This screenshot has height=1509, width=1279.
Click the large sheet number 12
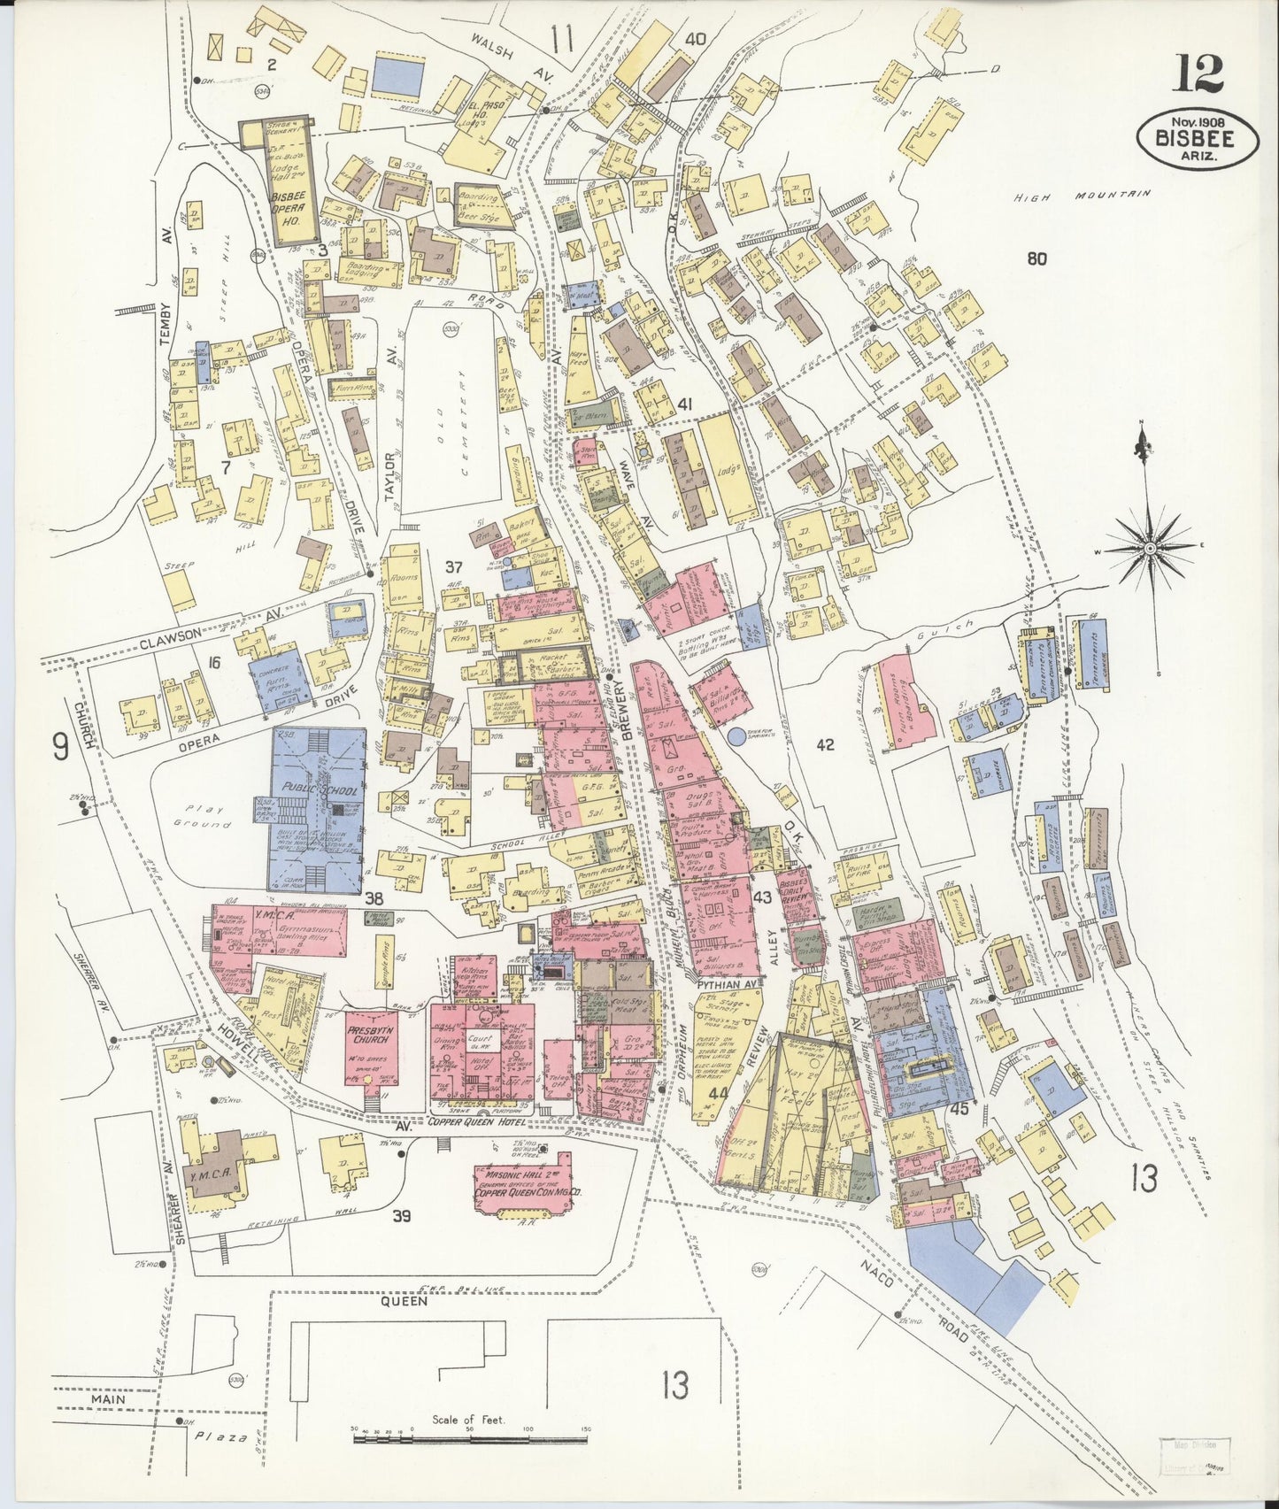[1198, 73]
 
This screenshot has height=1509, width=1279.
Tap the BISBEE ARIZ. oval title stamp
[1198, 139]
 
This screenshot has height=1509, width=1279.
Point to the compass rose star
[1150, 549]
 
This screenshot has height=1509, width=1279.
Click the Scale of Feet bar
[469, 1440]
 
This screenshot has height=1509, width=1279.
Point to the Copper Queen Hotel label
[478, 1122]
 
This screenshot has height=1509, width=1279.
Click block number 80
[1036, 258]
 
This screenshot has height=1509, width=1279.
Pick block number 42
[824, 745]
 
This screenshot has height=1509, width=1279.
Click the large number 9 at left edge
[60, 748]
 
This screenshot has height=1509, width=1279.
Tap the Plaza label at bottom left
[220, 1437]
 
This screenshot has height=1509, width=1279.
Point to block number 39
[401, 1216]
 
